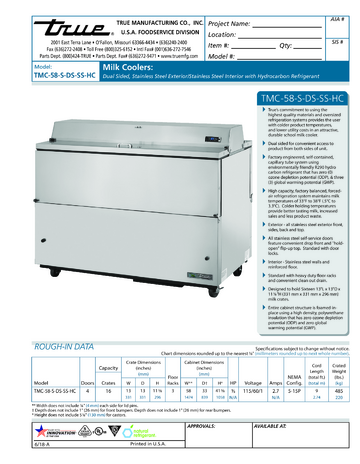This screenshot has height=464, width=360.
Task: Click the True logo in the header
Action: point(36,24)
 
